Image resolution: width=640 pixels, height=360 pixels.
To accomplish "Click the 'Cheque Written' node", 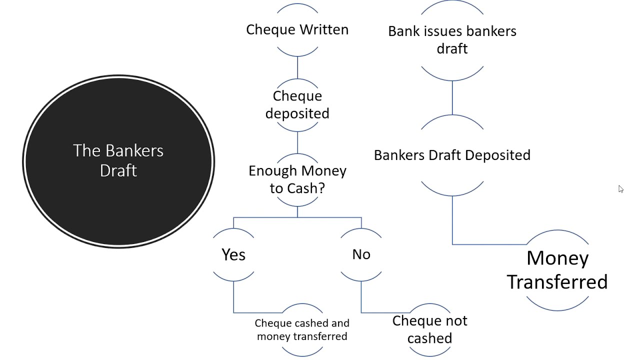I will [297, 29].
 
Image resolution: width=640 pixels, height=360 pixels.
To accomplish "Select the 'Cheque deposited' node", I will [297, 104].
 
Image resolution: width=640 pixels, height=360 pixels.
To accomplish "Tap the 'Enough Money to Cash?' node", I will [297, 179].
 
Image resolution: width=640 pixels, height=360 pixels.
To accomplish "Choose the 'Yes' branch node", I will [233, 254].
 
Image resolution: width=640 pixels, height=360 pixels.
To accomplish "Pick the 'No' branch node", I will [361, 254].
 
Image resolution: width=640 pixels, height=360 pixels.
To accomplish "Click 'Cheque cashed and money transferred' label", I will [302, 329].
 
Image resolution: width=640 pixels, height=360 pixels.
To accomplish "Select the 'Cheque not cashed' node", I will [429, 329].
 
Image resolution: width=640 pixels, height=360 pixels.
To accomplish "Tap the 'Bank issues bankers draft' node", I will [452, 39].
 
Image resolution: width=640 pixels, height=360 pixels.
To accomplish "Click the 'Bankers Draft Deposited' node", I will [452, 155].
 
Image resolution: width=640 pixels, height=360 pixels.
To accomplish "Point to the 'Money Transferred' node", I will [557, 270].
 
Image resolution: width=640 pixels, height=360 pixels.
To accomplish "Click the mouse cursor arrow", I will [620, 188].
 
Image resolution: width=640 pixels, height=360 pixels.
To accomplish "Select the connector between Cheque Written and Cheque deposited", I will [297, 67].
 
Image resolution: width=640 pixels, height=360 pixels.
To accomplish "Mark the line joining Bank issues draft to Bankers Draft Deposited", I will [452, 97].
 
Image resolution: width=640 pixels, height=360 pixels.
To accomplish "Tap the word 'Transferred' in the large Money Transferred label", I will [557, 282].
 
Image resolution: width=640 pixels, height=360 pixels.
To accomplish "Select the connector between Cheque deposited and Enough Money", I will [297, 142].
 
